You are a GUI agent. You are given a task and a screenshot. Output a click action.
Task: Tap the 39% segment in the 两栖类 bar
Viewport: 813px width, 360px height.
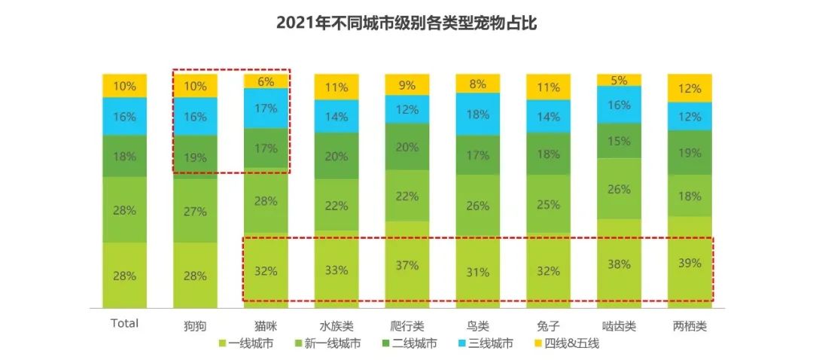click(690, 263)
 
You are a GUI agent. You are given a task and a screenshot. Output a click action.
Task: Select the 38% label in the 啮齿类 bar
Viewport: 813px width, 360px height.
click(619, 264)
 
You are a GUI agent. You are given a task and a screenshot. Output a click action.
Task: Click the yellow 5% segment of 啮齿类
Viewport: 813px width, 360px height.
click(619, 80)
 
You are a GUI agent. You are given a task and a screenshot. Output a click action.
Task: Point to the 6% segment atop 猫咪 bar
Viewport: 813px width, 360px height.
click(266, 81)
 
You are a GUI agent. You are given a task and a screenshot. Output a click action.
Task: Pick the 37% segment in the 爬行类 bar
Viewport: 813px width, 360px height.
click(406, 265)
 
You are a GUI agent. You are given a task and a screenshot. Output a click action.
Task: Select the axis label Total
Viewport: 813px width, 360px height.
click(125, 323)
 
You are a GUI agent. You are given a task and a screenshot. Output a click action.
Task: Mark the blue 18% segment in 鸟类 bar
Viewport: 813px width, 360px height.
click(477, 114)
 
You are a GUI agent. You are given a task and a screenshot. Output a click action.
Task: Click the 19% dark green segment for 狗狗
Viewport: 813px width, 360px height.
click(196, 157)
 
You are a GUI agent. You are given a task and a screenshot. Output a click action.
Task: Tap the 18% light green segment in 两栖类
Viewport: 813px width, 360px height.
click(690, 197)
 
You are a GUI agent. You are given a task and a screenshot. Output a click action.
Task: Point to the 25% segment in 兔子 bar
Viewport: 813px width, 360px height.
click(548, 204)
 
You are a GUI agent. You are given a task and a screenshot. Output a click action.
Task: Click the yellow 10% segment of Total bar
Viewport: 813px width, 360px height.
click(125, 86)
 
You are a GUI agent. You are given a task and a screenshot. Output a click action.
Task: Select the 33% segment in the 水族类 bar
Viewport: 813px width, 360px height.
click(336, 270)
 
